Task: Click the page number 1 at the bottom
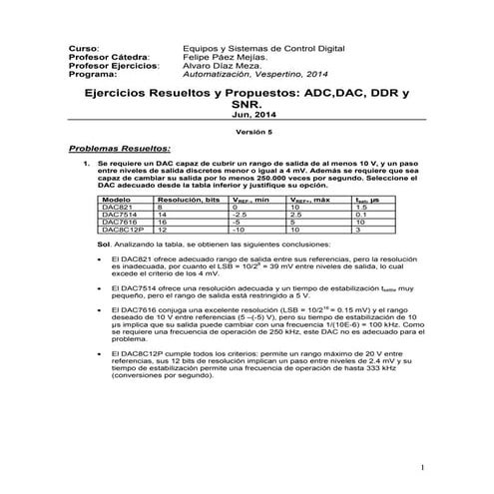pos(423,466)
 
